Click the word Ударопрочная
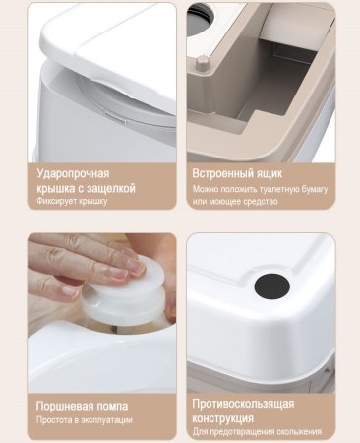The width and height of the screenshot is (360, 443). pyautogui.click(x=73, y=173)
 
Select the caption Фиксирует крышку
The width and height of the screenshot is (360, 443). pyautogui.click(x=72, y=201)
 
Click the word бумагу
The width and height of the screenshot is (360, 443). pyautogui.click(x=315, y=190)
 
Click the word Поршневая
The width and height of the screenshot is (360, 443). pyautogui.click(x=60, y=407)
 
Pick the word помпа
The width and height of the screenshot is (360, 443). pyautogui.click(x=107, y=407)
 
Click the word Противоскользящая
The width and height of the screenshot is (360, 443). pyautogui.click(x=243, y=404)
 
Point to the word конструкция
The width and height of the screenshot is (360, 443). pyautogui.click(x=222, y=418)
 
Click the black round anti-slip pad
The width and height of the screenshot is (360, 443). pyautogui.click(x=271, y=286)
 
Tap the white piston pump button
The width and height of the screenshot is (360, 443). pyautogui.click(x=126, y=292)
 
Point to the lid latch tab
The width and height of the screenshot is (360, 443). pyautogui.click(x=116, y=117)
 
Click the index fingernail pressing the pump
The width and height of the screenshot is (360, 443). pyautogui.click(x=137, y=266)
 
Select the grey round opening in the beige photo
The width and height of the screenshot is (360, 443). pyautogui.click(x=201, y=17)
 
